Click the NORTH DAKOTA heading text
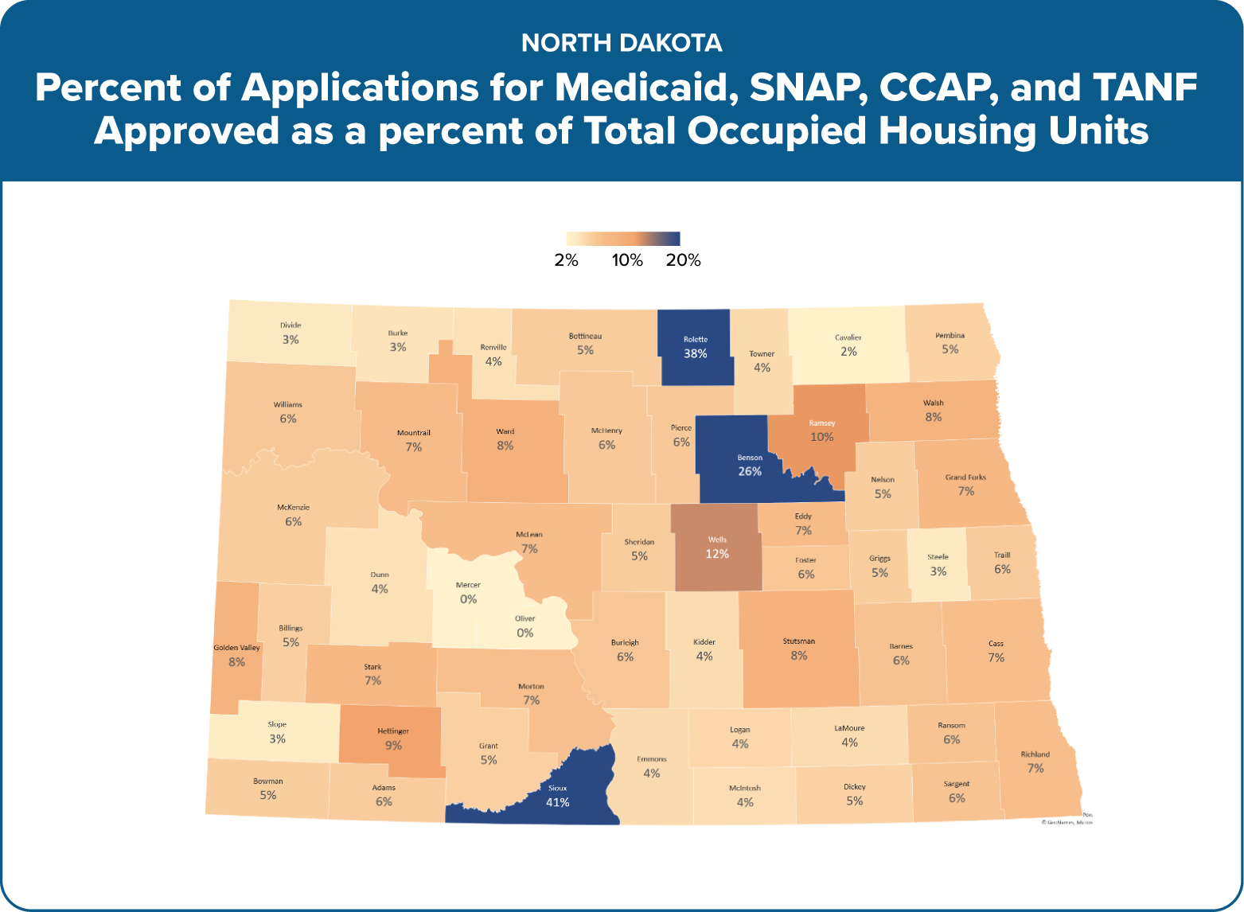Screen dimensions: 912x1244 [x=622, y=43]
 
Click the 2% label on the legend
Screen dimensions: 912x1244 [x=567, y=260]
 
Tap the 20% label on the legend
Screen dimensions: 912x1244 [x=684, y=260]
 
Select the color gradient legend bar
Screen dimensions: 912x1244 [x=622, y=239]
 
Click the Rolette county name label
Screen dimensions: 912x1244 [x=695, y=339]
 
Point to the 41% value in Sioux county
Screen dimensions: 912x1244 [x=557, y=802]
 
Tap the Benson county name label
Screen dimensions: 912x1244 [x=750, y=458]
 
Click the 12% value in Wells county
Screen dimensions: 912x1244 [x=717, y=554]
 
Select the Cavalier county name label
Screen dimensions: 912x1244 [x=848, y=337]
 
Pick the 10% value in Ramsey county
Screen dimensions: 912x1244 [x=822, y=437]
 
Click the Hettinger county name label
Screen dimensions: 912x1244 [x=393, y=731]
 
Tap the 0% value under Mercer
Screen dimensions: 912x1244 [x=468, y=599]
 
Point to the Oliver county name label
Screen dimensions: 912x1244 [x=525, y=618]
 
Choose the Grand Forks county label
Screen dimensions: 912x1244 [x=965, y=477]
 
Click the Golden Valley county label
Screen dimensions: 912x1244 [x=236, y=648]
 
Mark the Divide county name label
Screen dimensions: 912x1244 [x=291, y=325]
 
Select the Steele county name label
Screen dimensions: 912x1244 [x=938, y=557]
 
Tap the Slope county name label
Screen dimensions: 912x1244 [x=277, y=725]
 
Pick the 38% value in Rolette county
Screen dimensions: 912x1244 [x=695, y=353]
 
